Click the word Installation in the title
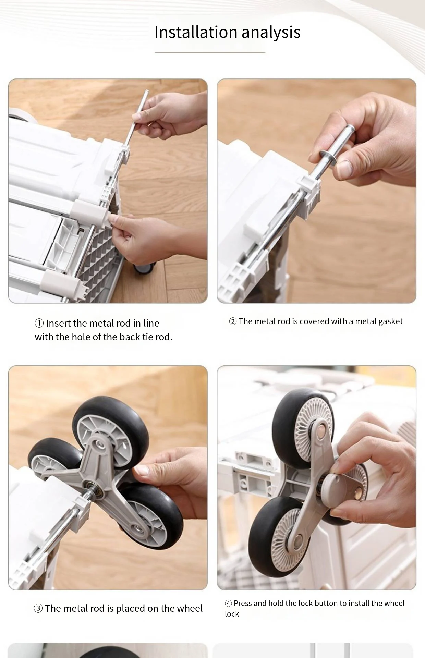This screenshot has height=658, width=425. coord(196,32)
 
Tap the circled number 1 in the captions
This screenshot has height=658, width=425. coord(39,323)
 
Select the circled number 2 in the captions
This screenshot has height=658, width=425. coord(233,321)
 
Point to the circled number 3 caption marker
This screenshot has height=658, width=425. coord(38,608)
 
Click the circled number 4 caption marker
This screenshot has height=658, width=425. coord(228,604)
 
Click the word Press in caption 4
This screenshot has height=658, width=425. coord(243,604)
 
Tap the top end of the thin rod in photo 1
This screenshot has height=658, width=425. coord(147,92)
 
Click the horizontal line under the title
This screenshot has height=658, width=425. coord(210,52)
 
